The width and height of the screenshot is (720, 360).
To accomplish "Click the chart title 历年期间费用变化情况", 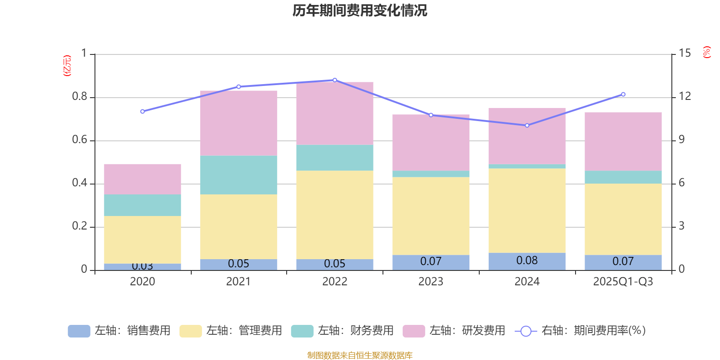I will click(x=360, y=10).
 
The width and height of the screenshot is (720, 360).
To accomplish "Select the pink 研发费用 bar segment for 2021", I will click(x=238, y=123).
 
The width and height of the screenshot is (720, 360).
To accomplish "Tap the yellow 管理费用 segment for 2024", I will click(x=527, y=211).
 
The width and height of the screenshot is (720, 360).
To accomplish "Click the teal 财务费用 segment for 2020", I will click(x=143, y=205).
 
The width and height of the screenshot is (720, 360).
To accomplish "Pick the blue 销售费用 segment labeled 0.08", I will click(x=527, y=261).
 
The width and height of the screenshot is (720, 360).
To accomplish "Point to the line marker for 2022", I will click(x=335, y=80).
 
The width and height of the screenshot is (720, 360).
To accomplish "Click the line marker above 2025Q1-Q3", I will click(x=623, y=94).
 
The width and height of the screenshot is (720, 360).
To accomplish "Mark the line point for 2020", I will click(x=143, y=111).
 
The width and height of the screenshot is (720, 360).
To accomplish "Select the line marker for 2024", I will click(x=527, y=126).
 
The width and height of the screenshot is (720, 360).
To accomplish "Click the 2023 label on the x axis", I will click(x=431, y=282).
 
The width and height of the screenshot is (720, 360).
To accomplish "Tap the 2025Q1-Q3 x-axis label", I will click(x=623, y=282).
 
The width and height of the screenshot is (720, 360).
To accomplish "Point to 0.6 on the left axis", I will click(x=80, y=140).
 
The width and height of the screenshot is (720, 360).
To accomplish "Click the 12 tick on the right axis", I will click(x=685, y=96).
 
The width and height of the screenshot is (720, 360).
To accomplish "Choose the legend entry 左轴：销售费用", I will click(x=119, y=331).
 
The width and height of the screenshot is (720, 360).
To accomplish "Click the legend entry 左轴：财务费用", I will click(x=342, y=331).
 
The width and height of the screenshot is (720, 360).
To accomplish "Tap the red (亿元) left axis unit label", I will click(x=67, y=66).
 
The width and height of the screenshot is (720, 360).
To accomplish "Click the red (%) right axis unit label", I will click(x=706, y=52).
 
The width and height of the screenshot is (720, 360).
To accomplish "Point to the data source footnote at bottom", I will click(x=360, y=355).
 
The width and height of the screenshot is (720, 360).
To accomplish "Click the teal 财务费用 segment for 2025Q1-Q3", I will click(x=623, y=177).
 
